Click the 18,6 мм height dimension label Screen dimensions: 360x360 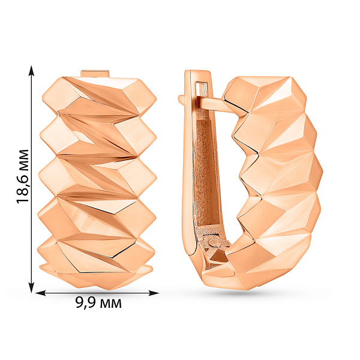coord(23,176)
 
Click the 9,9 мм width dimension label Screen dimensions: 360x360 coord(98,303)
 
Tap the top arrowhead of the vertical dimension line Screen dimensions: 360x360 coord(31,70)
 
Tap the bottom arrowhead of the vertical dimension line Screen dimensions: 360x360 coord(31,287)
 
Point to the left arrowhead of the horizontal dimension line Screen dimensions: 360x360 coord(41,293)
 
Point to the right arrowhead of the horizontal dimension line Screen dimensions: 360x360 coord(154,293)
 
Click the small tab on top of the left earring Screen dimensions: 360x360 coord(95,73)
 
